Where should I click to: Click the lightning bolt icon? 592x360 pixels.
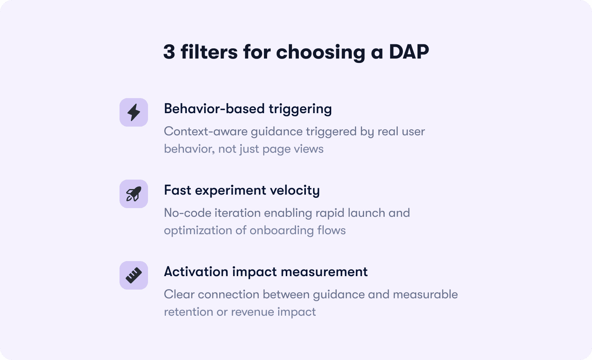click(134, 112)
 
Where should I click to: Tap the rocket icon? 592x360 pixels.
click(134, 194)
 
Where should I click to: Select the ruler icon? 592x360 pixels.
click(134, 275)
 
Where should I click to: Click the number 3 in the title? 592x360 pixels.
click(169, 52)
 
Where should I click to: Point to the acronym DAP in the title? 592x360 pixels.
click(409, 52)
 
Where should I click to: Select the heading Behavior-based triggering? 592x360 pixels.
click(248, 109)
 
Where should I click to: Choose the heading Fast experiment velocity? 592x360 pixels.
click(242, 191)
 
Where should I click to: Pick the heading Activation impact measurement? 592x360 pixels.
click(266, 272)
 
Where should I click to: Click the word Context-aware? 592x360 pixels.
click(206, 131)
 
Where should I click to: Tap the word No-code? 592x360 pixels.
click(188, 213)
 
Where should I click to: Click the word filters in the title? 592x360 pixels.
click(209, 52)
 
